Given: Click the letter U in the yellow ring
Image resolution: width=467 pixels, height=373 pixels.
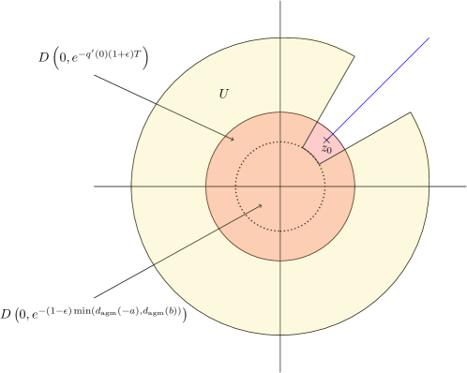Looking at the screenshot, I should pos(223,95).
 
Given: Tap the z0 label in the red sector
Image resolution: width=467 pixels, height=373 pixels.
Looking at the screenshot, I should pos(326,149).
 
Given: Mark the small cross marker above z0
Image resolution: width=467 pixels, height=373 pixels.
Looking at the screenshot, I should pos(326,140).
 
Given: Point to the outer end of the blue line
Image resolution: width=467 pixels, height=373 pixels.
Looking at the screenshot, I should pos(429,38).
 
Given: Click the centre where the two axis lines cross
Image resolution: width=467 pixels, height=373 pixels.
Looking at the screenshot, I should pos(280,186).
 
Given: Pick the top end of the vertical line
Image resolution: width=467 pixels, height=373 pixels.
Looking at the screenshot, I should pos(280,38).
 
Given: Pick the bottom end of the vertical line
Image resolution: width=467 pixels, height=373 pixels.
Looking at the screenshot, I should pos(280,335).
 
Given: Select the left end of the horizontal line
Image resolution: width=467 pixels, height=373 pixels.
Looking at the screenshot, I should pos(132,186).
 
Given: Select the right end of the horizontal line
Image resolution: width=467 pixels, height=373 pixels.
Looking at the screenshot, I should pos(429,186).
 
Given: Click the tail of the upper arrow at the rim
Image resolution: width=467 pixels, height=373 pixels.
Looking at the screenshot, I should pos(157,104).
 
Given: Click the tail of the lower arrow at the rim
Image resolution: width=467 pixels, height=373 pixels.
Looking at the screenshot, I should pos(155,264).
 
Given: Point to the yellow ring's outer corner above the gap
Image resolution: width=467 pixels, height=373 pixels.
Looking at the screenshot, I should pos(354,56).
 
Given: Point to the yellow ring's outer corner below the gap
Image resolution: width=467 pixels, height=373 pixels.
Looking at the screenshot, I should pos(411,113).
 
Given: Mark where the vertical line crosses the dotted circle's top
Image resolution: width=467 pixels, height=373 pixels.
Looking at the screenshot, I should pos(280,142).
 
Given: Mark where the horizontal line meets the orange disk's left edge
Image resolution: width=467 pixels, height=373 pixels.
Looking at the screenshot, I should pos(206,186).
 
